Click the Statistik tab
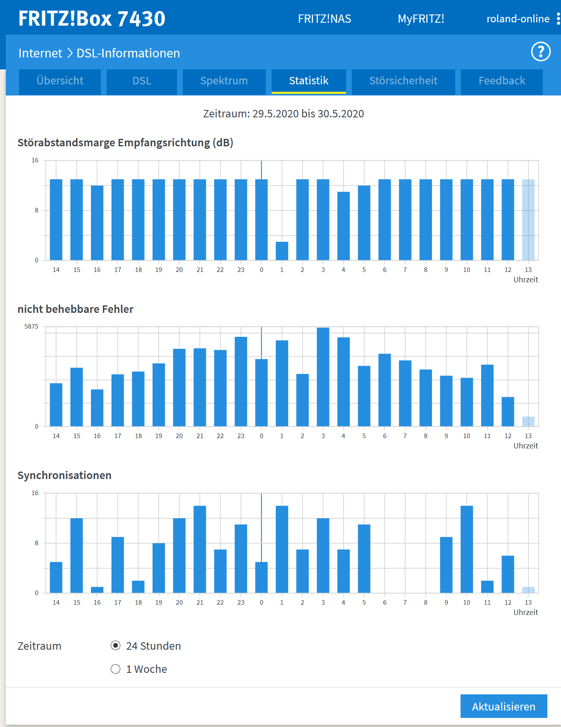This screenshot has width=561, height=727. click(308, 81)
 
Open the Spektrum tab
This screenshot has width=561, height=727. click(224, 81)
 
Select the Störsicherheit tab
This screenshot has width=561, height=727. click(403, 81)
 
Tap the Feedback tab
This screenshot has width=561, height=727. click(501, 81)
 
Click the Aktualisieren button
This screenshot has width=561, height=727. click(504, 706)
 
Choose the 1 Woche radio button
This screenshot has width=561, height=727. click(116, 669)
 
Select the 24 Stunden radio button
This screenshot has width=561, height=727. click(116, 646)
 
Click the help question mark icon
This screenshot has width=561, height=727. click(541, 52)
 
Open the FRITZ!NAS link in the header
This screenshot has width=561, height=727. click(325, 19)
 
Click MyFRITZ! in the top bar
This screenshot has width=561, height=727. click(421, 19)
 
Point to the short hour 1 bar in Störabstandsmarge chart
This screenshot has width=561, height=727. click(282, 251)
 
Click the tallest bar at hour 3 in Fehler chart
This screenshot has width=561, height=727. click(323, 377)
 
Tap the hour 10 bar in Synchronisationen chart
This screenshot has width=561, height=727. click(467, 549)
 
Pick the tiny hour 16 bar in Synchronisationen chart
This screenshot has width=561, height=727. click(97, 590)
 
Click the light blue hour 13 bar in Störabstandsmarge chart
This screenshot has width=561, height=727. click(528, 220)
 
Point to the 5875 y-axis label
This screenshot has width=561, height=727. click(31, 327)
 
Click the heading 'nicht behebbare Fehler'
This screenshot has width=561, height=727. click(76, 309)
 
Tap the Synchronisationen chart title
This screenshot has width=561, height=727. click(64, 475)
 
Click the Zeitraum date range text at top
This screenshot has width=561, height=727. click(284, 114)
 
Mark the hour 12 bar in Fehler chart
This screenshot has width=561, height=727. click(508, 412)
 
